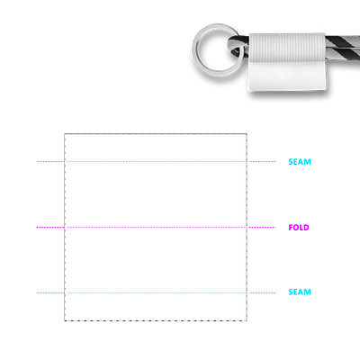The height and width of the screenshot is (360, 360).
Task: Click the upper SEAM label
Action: (300, 162)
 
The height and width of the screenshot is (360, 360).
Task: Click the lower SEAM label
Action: (300, 292)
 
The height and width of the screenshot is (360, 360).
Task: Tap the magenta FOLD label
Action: (299, 228)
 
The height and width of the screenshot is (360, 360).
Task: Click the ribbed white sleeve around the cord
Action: (287, 47)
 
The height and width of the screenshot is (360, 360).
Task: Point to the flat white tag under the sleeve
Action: (287, 76)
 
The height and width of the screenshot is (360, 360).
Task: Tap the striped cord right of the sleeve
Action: (343, 48)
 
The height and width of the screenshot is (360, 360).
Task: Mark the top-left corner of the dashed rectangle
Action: (65, 134)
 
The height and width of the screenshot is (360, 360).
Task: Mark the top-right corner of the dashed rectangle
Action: (247, 134)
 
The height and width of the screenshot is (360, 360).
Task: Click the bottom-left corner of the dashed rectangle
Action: (65, 320)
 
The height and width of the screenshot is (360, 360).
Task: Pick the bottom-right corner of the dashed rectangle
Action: (247, 320)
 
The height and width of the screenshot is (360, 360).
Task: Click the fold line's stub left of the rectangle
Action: (50, 228)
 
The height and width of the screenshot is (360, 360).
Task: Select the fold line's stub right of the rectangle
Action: (261, 228)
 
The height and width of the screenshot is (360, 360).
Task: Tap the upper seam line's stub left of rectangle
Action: (50, 162)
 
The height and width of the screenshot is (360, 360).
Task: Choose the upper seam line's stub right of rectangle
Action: (261, 162)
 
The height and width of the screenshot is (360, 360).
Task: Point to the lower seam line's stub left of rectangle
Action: (50, 292)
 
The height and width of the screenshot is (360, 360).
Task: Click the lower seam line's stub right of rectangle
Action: (261, 292)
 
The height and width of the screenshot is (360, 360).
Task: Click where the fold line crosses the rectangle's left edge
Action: (65, 228)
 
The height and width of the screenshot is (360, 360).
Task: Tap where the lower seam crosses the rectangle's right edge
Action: (247, 292)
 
